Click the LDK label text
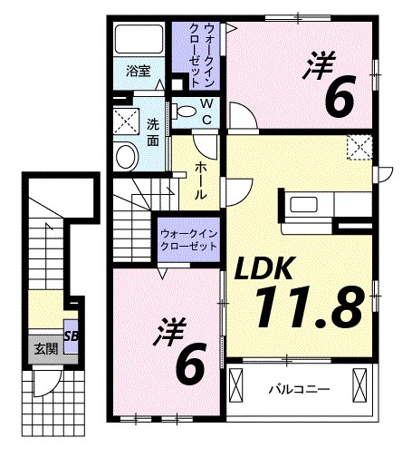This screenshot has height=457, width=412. coord(264,267)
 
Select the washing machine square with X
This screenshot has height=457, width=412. coord(125,120)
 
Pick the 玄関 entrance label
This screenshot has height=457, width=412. coord(43,347)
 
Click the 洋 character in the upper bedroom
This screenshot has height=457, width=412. coord(320,64)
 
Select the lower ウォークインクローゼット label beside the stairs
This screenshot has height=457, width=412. coord(188,239)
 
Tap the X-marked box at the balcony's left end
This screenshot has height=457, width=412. coord(238,389)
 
